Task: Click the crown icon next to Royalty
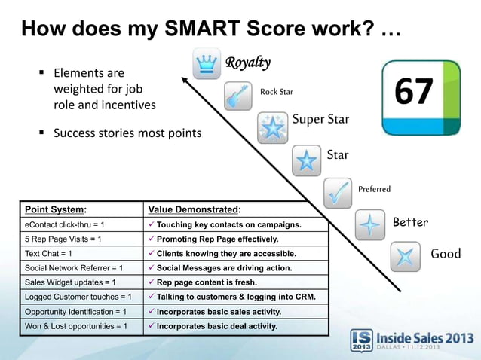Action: click(205, 64)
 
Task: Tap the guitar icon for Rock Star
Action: click(238, 96)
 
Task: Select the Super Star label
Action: click(320, 119)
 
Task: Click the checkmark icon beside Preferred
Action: click(338, 193)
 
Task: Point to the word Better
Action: click(410, 222)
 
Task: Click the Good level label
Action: click(445, 254)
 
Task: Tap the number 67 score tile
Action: click(421, 97)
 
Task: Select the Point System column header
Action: click(56, 209)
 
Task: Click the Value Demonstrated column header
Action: click(195, 209)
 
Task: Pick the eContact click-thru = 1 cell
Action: click(64, 224)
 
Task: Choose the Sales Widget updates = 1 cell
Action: click(69, 282)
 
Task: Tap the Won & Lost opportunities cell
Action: click(76, 326)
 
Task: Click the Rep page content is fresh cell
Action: click(207, 282)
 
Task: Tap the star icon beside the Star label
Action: click(305, 160)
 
